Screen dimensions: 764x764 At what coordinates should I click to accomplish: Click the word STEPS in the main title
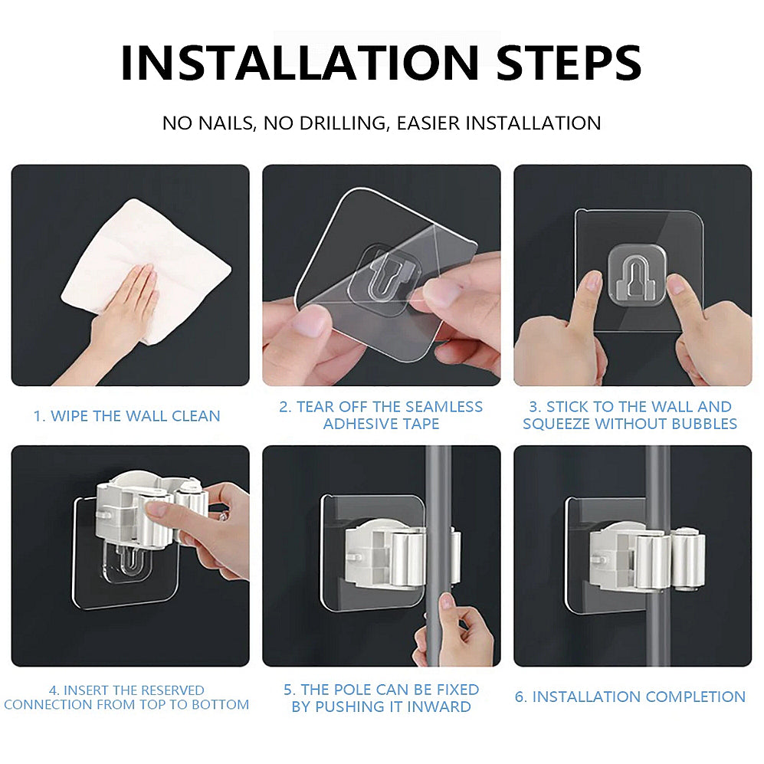click(x=569, y=63)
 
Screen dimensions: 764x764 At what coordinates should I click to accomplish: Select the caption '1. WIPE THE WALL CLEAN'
click(x=126, y=416)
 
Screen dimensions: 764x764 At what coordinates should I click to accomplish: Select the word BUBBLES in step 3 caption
click(x=699, y=424)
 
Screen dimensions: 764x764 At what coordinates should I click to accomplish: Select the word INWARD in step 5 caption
click(x=436, y=707)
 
